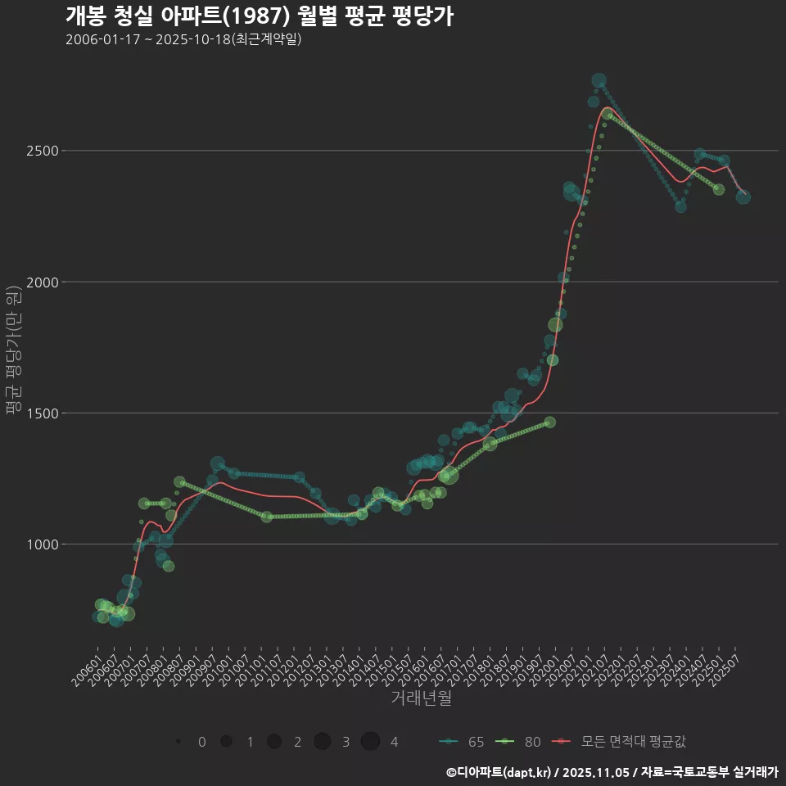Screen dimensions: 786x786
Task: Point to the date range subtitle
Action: (x=183, y=39)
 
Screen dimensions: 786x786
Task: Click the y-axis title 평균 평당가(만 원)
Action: (x=12, y=352)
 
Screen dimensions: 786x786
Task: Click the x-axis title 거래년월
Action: (x=421, y=698)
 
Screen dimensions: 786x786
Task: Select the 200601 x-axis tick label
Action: (x=88, y=670)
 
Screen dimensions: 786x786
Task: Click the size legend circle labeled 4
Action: (x=370, y=742)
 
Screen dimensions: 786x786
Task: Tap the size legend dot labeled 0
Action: (x=178, y=742)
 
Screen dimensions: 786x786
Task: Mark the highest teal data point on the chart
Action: (x=599, y=81)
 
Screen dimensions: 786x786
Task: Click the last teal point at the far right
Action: (x=743, y=196)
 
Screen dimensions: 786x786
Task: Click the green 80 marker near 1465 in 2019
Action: (x=549, y=422)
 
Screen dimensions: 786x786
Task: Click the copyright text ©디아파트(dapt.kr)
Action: (x=499, y=772)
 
